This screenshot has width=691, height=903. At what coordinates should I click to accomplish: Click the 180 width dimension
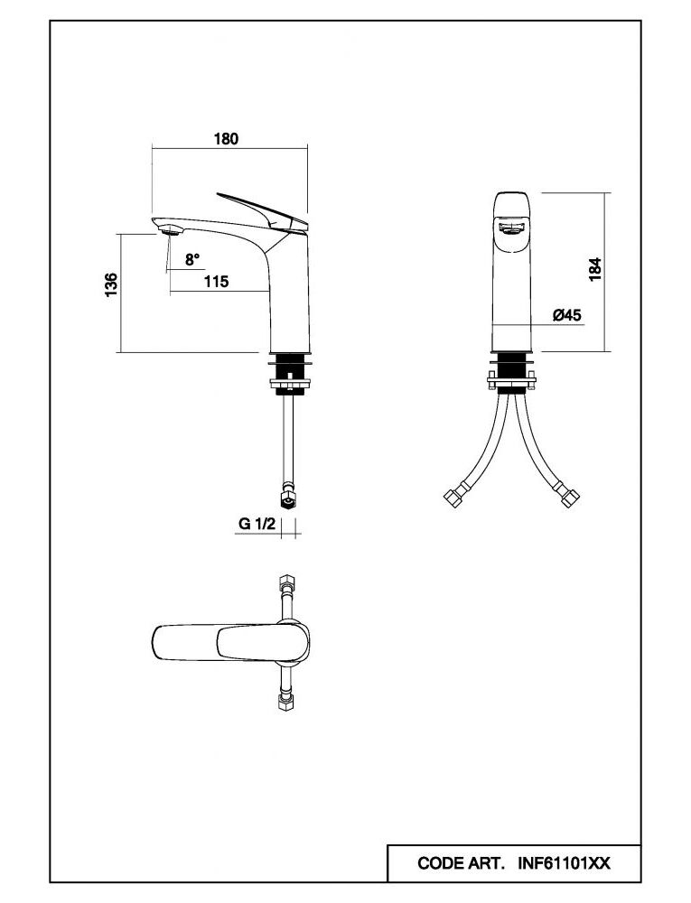pos(225,138)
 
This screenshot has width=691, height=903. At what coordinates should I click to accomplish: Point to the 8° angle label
pos(192,259)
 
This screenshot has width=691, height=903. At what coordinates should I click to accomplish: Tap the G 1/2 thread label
pos(256,524)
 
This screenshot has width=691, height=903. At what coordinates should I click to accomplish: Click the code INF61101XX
pos(564,863)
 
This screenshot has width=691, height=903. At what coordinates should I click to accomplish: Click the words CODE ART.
pos(461,863)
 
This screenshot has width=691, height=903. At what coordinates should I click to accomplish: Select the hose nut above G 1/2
pos(288,498)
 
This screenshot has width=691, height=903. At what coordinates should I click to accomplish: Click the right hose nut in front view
pos(569,498)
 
